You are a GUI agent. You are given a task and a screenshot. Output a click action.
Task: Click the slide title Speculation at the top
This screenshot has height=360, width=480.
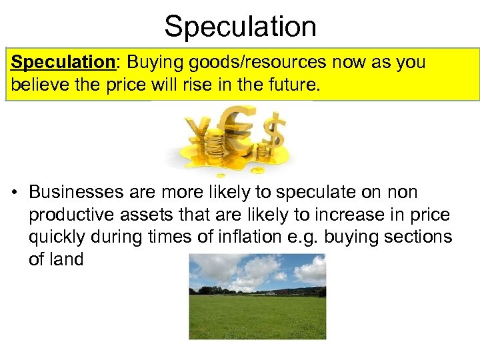pyautogui.click(x=240, y=27)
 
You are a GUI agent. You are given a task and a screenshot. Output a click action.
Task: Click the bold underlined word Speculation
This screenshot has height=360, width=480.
pyautogui.click(x=63, y=63)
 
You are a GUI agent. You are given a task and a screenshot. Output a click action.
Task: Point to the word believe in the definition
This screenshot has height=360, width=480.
pyautogui.click(x=37, y=86)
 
